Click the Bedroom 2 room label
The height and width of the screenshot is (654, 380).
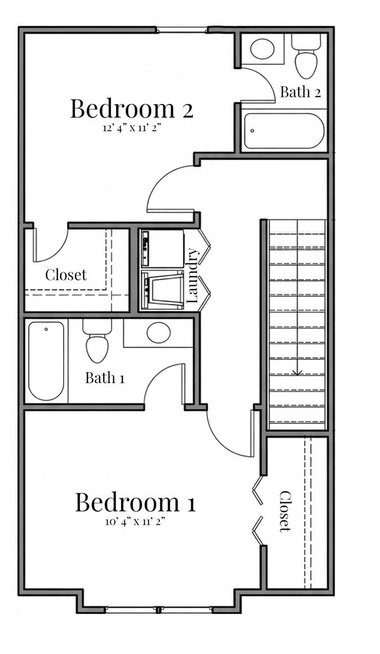[132, 109]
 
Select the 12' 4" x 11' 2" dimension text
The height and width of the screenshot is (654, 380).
[132, 128]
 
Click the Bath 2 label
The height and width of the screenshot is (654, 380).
[300, 92]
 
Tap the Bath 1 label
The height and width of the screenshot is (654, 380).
[105, 378]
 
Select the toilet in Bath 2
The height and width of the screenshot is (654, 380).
[309, 56]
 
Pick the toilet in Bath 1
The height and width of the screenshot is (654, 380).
[97, 340]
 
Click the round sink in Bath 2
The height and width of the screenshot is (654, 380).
[263, 49]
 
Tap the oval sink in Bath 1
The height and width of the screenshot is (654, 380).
[159, 332]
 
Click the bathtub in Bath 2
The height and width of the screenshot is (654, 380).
[284, 130]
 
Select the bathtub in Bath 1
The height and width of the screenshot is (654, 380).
[46, 360]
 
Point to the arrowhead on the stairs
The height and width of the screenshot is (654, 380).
[297, 372]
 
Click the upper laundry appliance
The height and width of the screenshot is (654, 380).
[163, 248]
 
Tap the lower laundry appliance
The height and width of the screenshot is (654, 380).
[163, 290]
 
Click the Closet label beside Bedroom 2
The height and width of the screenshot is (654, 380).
[66, 275]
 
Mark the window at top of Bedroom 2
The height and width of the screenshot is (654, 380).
[181, 30]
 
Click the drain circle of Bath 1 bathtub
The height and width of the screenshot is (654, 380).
[46, 330]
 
